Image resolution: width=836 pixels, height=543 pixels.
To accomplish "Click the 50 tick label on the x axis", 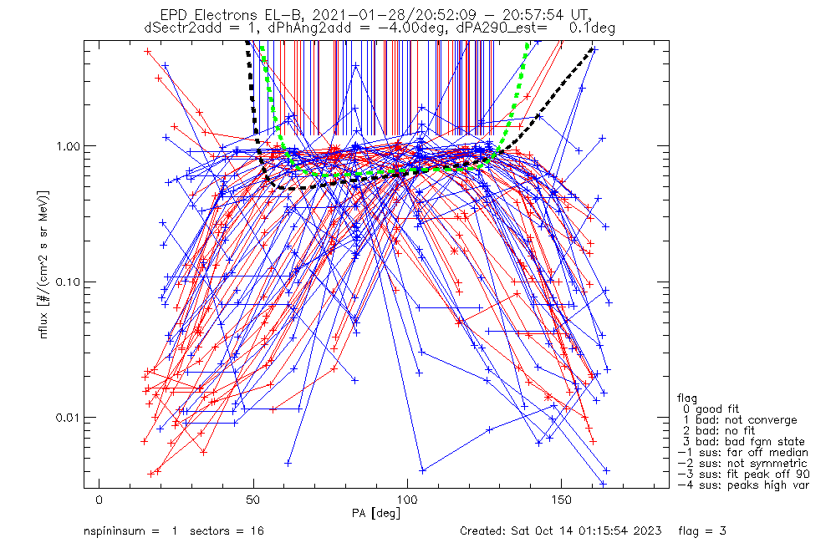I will point(253,498).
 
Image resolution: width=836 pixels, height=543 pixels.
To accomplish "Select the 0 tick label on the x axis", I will point(99,498).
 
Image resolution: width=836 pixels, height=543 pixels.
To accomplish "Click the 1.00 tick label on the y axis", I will point(66,146).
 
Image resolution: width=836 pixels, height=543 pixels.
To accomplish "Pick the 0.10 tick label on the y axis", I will point(66,282).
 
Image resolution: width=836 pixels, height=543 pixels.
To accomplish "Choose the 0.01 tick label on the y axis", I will point(66,418).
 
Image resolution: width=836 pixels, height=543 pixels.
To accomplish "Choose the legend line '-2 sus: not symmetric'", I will point(742,464).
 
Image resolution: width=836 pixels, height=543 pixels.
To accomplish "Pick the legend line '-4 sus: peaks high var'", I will point(742,485).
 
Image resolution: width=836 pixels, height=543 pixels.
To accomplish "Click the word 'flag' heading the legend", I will point(689,398).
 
